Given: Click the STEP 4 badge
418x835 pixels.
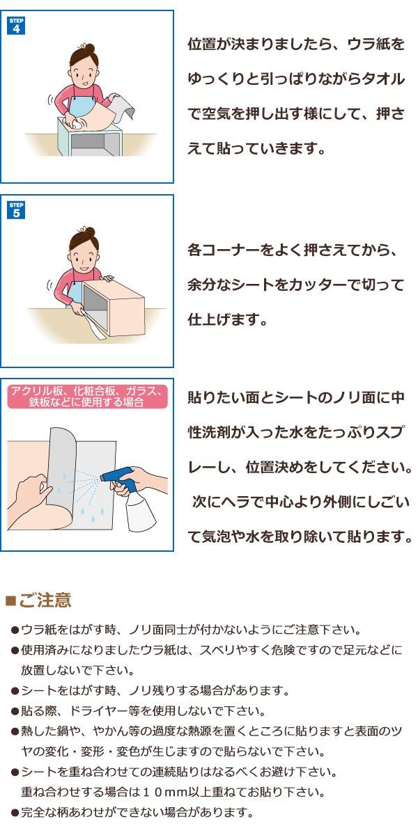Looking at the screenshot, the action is coord(16,26).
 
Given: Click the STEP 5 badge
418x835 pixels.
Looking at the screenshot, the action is coord(16,210).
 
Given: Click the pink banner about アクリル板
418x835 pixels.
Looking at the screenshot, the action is coord(87,396).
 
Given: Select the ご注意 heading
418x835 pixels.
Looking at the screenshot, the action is coord(45,600).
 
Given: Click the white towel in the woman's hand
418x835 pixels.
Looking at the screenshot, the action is coord(77,124).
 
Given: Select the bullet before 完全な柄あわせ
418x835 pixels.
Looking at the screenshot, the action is coord(15,812).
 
